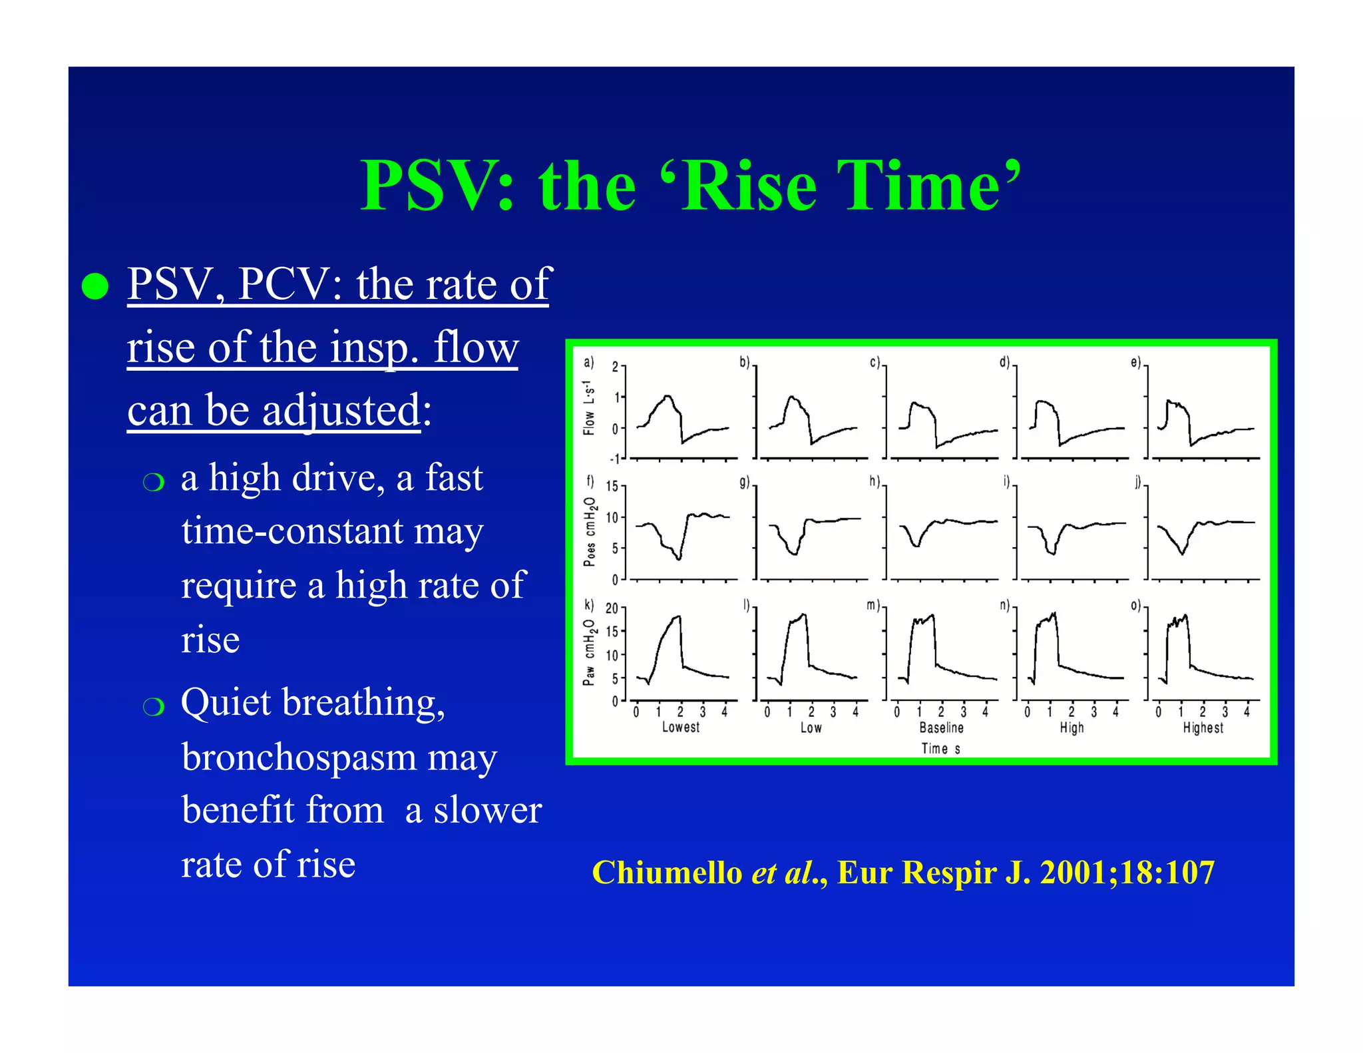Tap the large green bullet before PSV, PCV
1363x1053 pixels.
point(95,286)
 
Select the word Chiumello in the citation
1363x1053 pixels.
point(667,873)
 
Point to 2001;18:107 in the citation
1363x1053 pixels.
point(1127,873)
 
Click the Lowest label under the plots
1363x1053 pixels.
point(680,728)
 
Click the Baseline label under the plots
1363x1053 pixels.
point(941,728)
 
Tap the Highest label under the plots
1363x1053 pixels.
point(1203,728)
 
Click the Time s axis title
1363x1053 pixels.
point(940,749)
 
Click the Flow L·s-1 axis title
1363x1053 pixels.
point(588,408)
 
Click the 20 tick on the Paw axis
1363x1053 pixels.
point(611,608)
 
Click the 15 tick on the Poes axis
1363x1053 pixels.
point(611,487)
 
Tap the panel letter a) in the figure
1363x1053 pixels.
point(588,363)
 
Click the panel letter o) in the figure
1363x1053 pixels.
point(1136,606)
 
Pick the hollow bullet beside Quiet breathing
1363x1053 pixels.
point(153,707)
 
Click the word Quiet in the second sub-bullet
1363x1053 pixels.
point(226,703)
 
